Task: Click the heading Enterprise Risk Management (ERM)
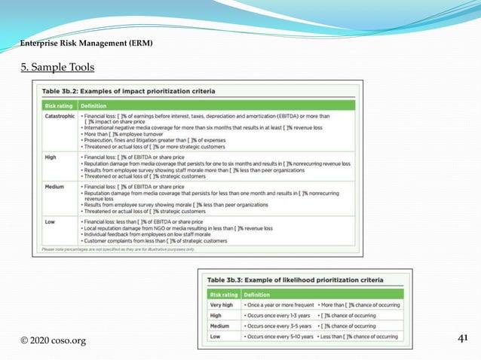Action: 86,44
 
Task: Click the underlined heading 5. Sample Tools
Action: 57,68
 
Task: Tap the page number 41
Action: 464,339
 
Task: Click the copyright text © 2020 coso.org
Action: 53,340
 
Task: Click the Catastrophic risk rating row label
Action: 59,117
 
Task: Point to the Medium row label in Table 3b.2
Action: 54,185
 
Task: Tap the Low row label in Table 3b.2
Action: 50,222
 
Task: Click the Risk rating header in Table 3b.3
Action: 224,294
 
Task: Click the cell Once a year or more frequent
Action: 280,304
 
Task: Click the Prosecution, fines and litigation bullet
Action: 166,140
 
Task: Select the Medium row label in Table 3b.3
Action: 220,326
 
